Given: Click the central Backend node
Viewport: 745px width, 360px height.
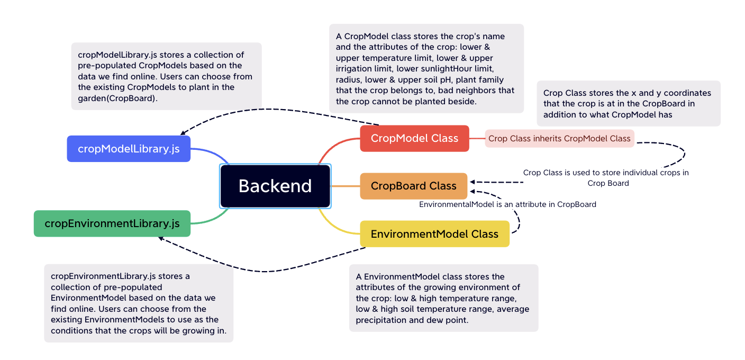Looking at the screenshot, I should coord(275,186).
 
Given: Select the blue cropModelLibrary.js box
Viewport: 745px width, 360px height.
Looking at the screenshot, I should coord(129,149).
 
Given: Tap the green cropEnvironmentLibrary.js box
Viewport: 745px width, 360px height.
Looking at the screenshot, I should coord(112,223).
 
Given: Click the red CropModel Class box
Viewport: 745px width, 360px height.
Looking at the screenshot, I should coord(414,138).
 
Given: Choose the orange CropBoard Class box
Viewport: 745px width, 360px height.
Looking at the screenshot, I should coord(413,186).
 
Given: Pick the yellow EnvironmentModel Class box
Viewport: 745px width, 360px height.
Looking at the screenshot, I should coord(434,234).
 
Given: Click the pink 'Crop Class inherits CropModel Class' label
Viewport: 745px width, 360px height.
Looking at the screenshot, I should coord(559,138).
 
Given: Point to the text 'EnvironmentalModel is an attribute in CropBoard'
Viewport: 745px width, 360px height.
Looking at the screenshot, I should coord(507,204).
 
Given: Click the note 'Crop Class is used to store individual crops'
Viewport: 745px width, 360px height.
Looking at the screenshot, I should coord(606,177).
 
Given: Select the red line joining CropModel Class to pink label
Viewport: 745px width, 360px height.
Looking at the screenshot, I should coord(477,138).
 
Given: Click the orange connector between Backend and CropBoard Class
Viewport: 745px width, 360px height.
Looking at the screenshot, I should coord(345,186).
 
